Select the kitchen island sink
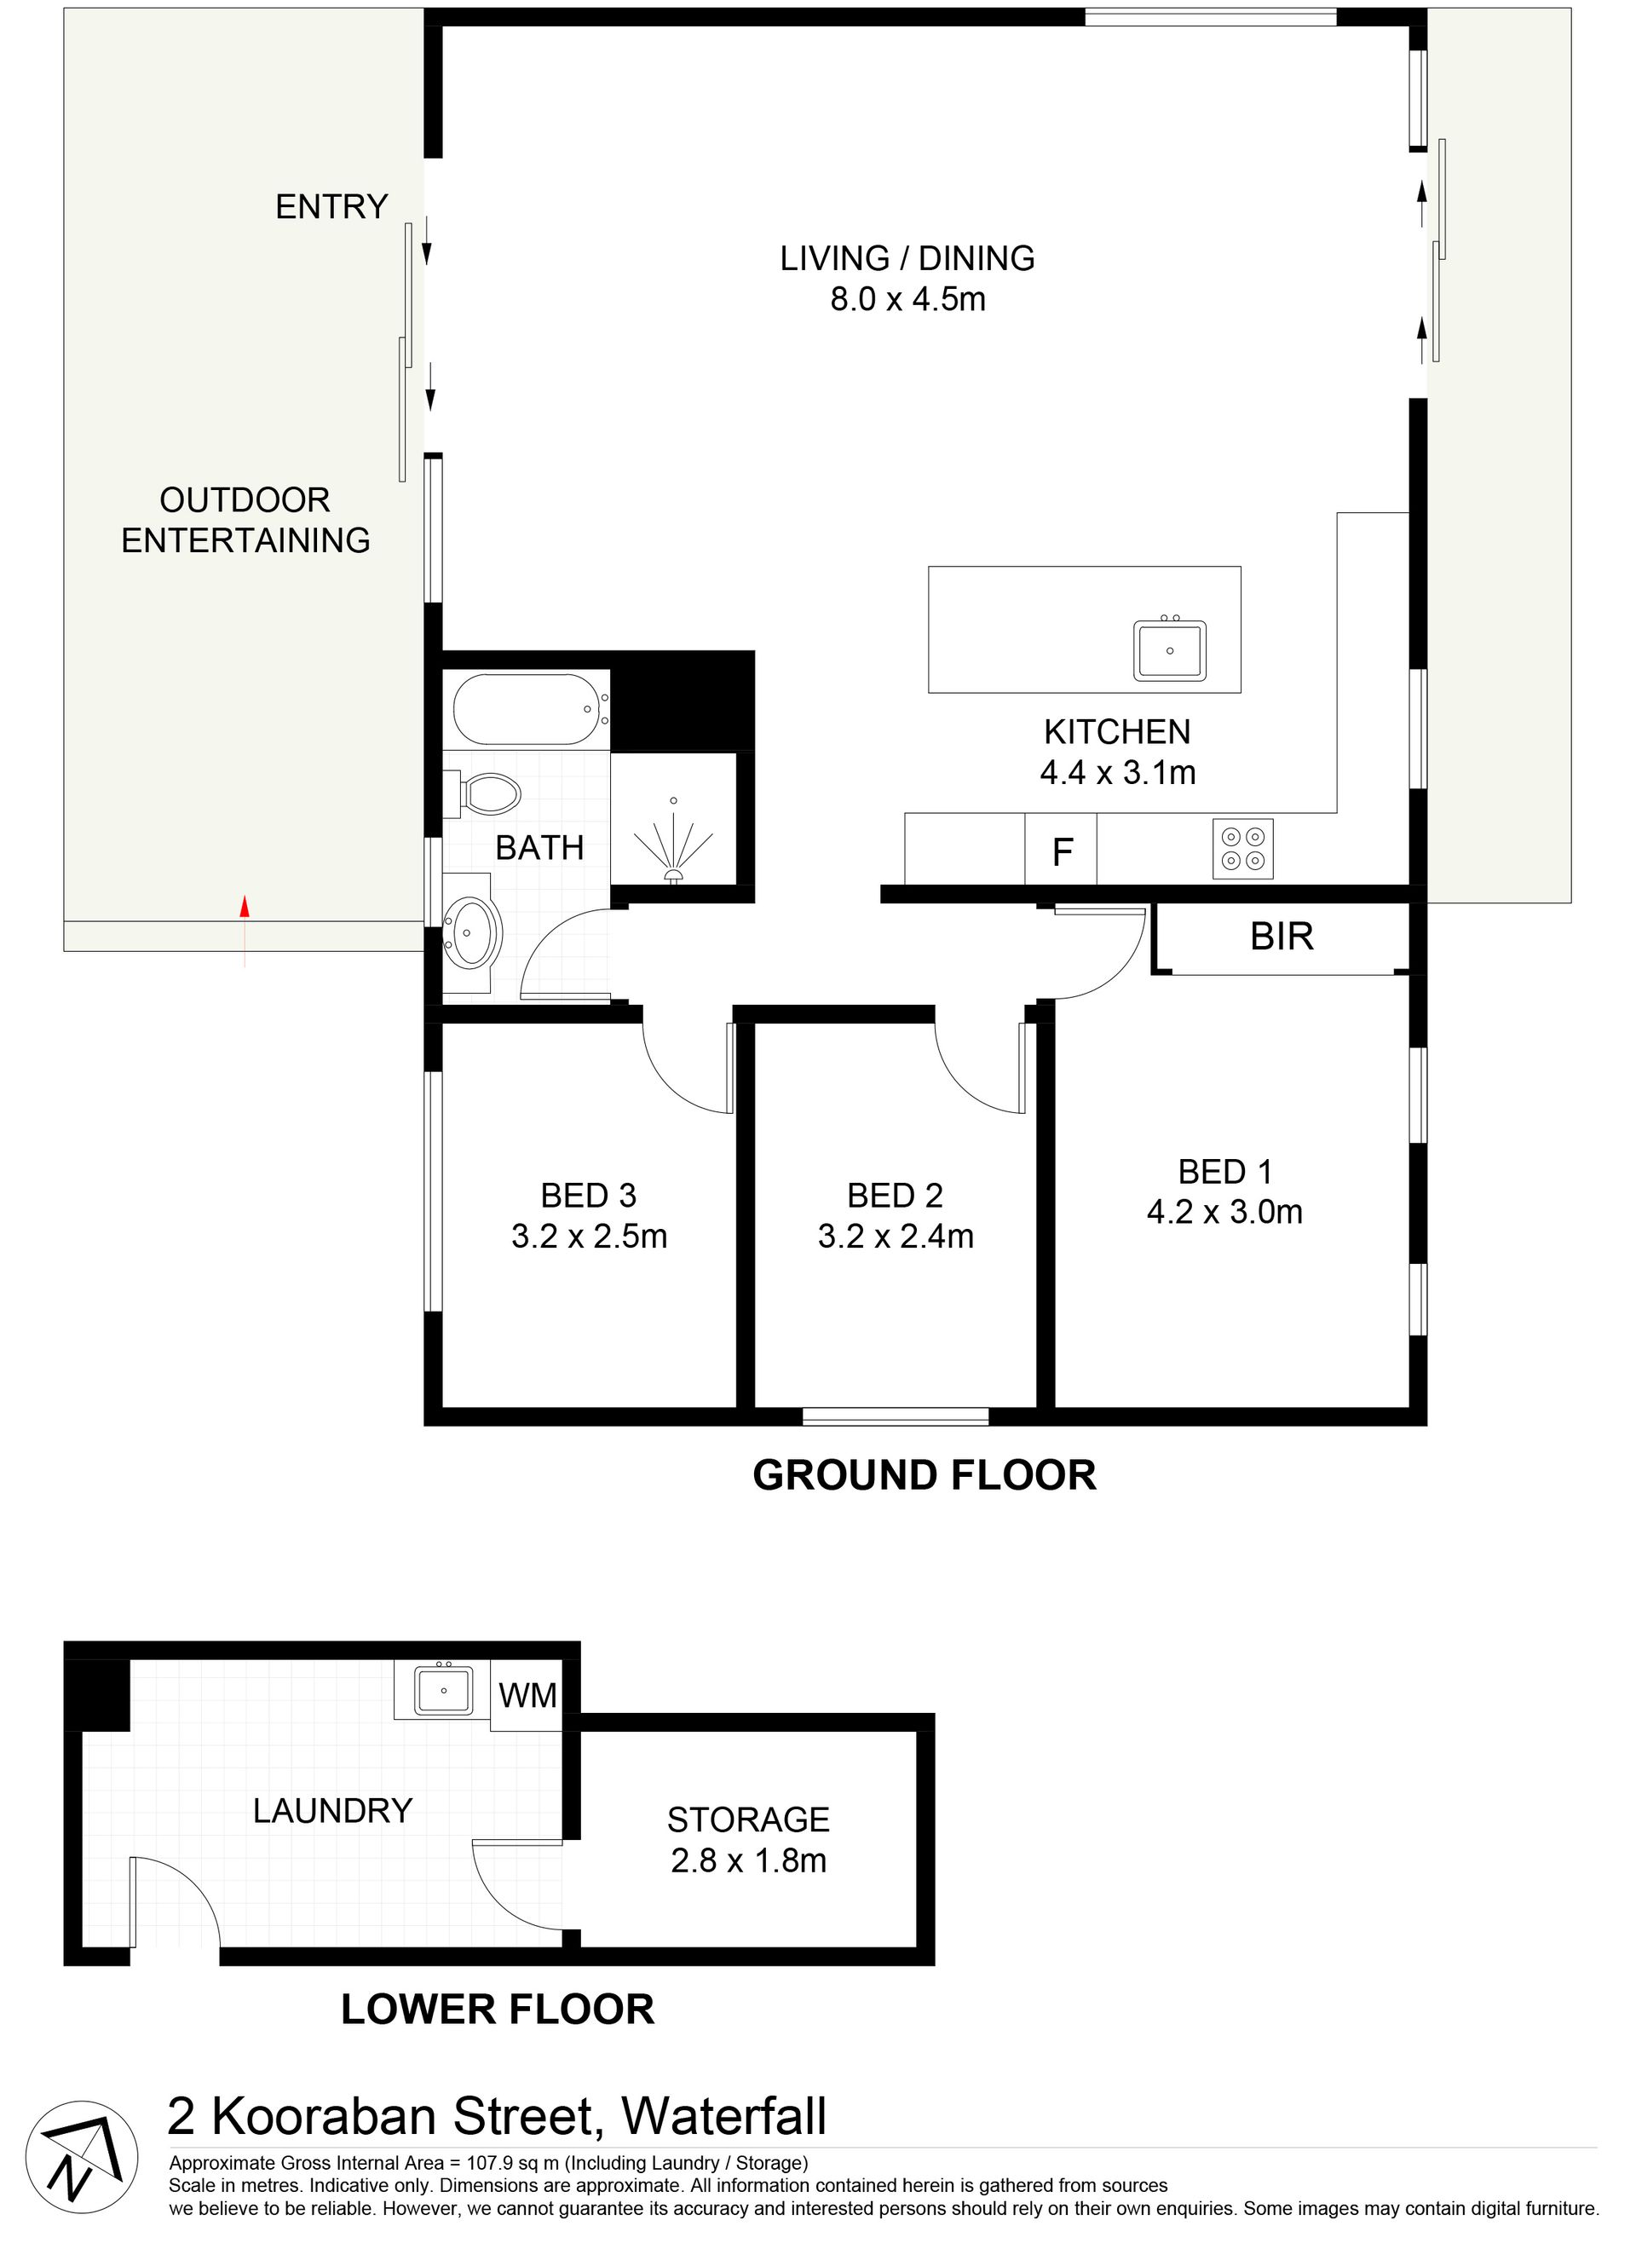(1170, 650)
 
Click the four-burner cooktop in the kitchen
(1242, 849)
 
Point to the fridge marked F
(1061, 849)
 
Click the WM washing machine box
(527, 1696)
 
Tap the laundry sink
(443, 1691)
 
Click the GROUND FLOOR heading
(925, 1475)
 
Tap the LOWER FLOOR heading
(498, 2010)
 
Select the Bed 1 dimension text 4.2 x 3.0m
(1224, 1212)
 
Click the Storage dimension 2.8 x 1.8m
(749, 1860)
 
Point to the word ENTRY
(331, 206)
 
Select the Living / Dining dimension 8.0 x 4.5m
(908, 298)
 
